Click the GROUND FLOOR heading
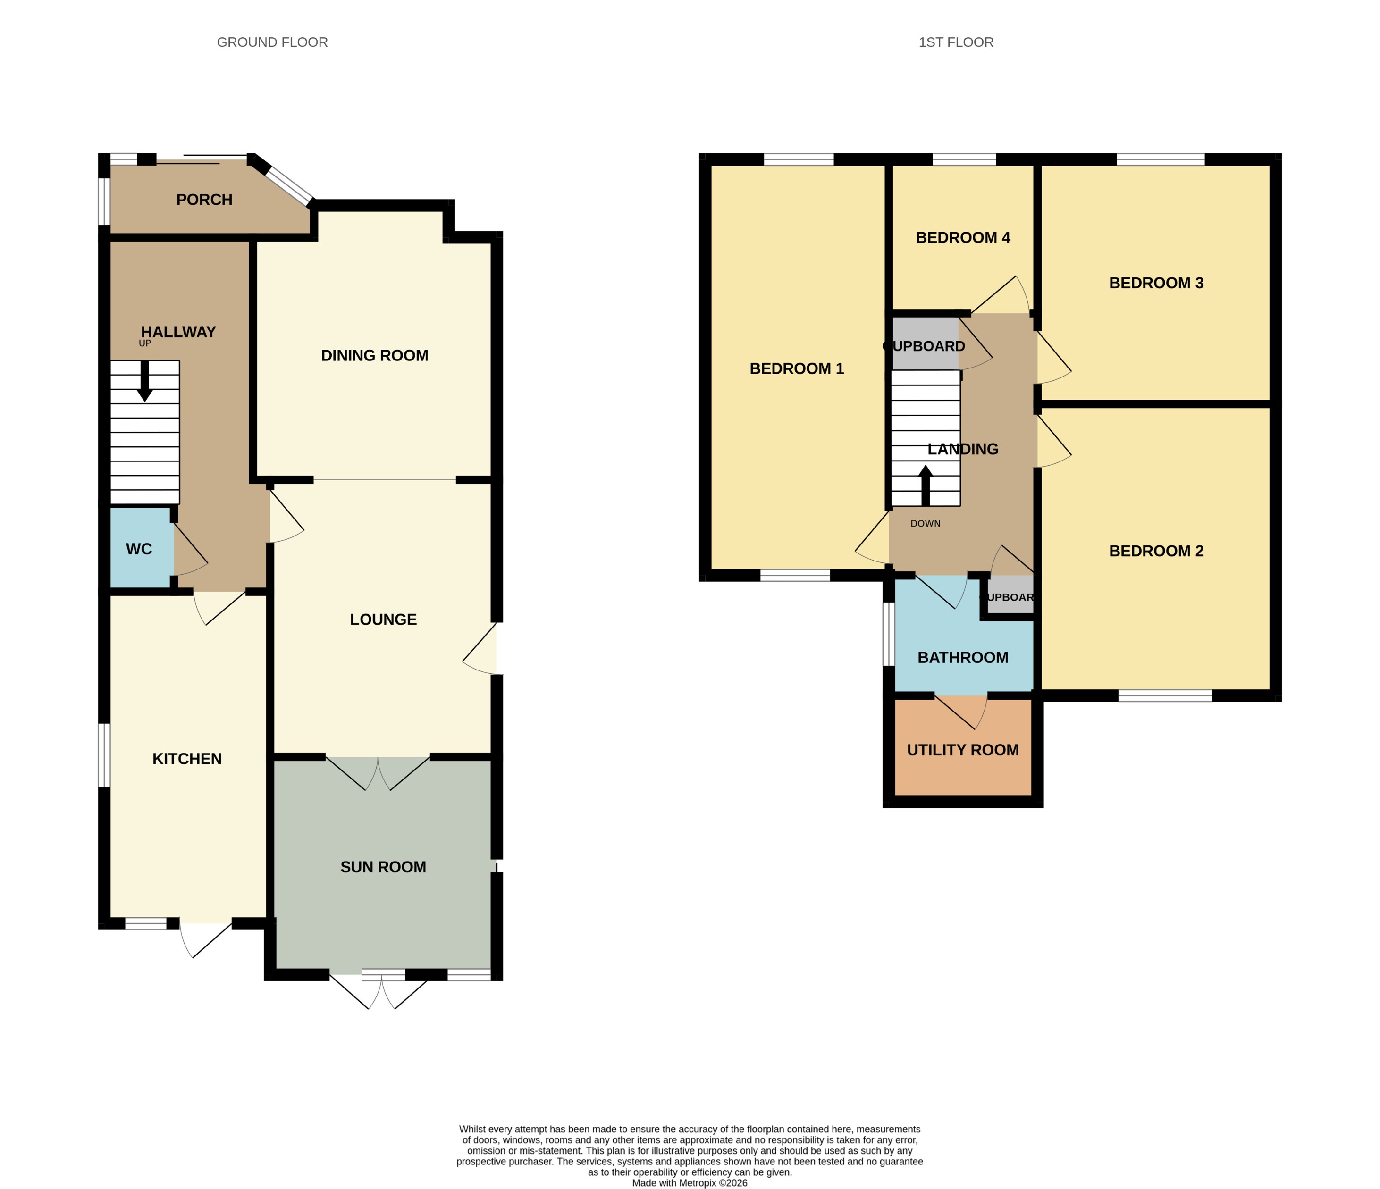[x=272, y=42]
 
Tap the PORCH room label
[x=204, y=200]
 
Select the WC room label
[x=139, y=549]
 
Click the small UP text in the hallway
[x=144, y=343]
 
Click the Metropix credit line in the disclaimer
[x=690, y=1183]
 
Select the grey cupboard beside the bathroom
[x=1010, y=594]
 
